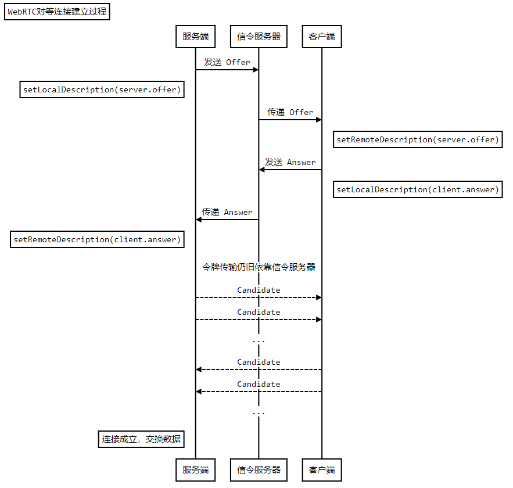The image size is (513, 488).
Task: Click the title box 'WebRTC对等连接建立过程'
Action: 57,11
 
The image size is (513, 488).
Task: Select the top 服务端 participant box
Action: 195,37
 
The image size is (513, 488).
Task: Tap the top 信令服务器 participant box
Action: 259,37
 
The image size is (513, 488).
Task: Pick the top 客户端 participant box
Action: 322,37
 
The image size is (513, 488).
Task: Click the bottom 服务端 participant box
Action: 195,469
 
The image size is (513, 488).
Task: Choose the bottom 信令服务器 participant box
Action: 259,469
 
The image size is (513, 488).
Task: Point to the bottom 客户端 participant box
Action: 322,469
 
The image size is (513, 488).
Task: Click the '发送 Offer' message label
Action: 227,62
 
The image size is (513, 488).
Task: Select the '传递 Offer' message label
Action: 290,112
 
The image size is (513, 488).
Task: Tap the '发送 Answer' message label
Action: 290,162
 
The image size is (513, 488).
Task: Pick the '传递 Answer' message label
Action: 227,212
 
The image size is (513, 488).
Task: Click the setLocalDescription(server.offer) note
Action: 102,89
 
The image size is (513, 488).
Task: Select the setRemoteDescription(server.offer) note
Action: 417,139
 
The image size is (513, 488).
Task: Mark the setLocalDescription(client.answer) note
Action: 417,189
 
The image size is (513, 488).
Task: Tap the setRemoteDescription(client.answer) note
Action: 97,239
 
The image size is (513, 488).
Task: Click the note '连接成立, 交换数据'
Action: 141,439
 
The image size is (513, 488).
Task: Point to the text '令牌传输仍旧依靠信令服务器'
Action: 259,267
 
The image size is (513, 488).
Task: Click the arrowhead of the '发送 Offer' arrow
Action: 255,70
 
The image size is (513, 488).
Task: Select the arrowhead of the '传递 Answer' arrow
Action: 199,220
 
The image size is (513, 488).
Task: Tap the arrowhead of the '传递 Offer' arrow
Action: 318,120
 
